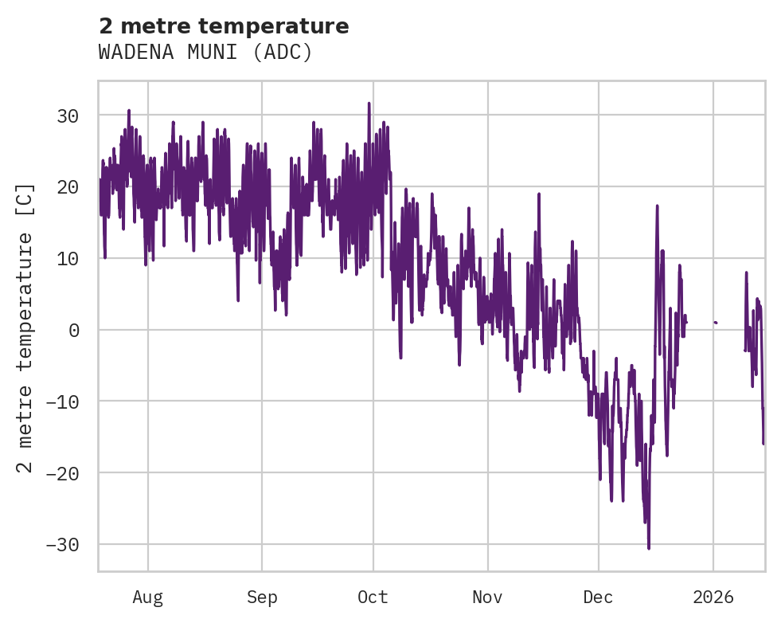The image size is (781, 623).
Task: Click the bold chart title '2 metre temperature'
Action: click(224, 26)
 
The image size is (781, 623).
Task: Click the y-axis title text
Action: click(26, 327)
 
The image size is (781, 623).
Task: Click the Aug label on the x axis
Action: click(148, 597)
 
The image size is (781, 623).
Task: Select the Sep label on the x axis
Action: click(261, 597)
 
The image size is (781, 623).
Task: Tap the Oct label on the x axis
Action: click(373, 597)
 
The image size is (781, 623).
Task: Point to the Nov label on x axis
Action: click(487, 597)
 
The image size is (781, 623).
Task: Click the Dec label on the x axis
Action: click(598, 597)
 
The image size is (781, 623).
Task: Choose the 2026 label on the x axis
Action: click(713, 597)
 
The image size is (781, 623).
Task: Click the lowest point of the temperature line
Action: click(649, 548)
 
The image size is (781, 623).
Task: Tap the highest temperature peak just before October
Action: click(369, 104)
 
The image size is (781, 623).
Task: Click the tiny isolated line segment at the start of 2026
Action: click(716, 323)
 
